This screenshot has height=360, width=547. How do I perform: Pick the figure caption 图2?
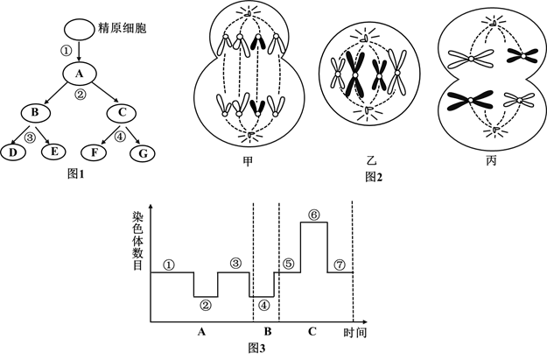(x=375, y=177)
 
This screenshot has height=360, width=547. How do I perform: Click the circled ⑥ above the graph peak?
(x=313, y=213)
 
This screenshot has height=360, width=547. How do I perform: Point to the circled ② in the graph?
(x=206, y=306)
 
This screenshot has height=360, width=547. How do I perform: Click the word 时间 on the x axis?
(x=354, y=333)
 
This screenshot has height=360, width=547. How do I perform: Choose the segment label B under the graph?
(x=267, y=332)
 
